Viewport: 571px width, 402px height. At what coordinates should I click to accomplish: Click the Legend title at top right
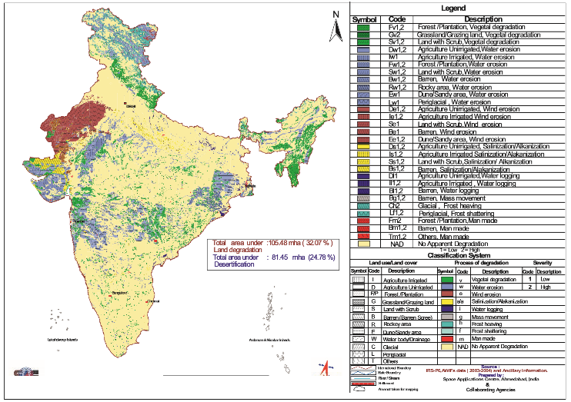point(456,8)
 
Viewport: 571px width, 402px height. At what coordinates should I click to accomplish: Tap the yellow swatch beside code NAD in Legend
point(364,244)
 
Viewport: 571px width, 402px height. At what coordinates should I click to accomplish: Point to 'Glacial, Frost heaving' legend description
point(448,205)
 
